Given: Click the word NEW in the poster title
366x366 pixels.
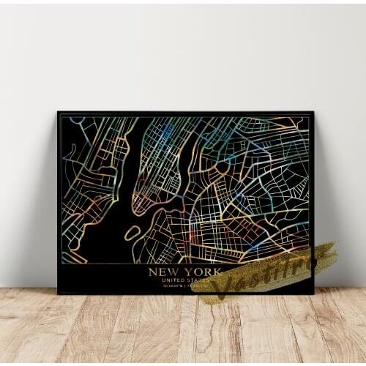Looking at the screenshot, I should pos(161,272).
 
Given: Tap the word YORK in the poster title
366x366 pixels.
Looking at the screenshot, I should pos(197,272).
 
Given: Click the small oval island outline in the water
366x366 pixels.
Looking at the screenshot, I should pos(132,234).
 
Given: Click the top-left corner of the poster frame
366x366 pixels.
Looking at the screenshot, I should pos(59,113).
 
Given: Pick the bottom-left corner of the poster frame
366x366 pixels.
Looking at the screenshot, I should pos(59,293).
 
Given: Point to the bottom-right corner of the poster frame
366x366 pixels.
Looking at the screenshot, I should pos(313,293).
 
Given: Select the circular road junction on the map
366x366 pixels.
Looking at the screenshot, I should pos(221,167).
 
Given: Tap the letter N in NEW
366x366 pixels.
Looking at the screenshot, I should pos(152,272).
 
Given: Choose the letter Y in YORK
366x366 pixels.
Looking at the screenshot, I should pos(183,272).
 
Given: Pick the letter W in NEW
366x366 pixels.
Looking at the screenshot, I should pos(171,272).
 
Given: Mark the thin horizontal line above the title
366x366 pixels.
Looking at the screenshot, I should pos(183,264).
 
